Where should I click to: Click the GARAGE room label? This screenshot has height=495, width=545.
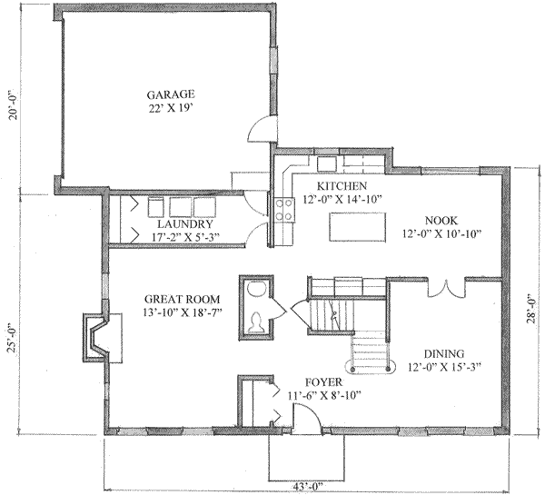pyautogui.click(x=171, y=94)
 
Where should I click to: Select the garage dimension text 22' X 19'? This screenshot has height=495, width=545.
pyautogui.click(x=171, y=107)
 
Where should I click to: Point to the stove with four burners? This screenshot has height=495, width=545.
pyautogui.click(x=283, y=211)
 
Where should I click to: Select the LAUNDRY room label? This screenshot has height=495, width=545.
pyautogui.click(x=184, y=224)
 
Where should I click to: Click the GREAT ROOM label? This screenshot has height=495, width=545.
pyautogui.click(x=178, y=299)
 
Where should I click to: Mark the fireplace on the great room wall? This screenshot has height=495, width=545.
pyautogui.click(x=96, y=335)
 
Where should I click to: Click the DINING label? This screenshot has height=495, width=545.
pyautogui.click(x=444, y=354)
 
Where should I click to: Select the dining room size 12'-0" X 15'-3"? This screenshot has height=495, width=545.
pyautogui.click(x=444, y=368)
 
